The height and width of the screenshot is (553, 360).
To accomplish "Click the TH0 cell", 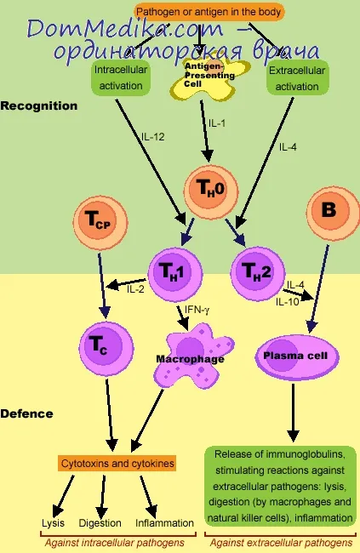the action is click(211, 191).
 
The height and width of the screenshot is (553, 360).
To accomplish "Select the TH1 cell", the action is click(174, 274).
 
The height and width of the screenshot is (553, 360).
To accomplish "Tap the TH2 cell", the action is click(258, 272).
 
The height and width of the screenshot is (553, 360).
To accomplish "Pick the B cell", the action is click(333, 213).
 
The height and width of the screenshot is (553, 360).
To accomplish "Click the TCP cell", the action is click(100, 223).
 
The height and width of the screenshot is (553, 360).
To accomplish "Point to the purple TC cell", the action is click(106, 348).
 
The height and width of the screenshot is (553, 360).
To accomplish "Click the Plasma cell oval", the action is click(297, 357).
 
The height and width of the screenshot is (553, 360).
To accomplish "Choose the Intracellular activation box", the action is click(121, 77).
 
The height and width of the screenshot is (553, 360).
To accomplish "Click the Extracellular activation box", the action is click(297, 78).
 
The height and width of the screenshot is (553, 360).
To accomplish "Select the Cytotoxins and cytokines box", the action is click(117, 463).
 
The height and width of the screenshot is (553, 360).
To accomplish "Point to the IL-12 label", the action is click(153, 136).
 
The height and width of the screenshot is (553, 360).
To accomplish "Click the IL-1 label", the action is click(217, 123).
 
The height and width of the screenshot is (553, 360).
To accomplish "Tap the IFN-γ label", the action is click(197, 310).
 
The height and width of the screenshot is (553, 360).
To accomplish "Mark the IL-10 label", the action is click(288, 302).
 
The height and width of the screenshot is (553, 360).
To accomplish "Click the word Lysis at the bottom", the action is click(54, 523).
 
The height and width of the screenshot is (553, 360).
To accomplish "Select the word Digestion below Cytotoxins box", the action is click(100, 523).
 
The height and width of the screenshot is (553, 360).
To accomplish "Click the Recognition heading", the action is click(39, 105).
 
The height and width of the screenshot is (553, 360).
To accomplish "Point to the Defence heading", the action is click(27, 413).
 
